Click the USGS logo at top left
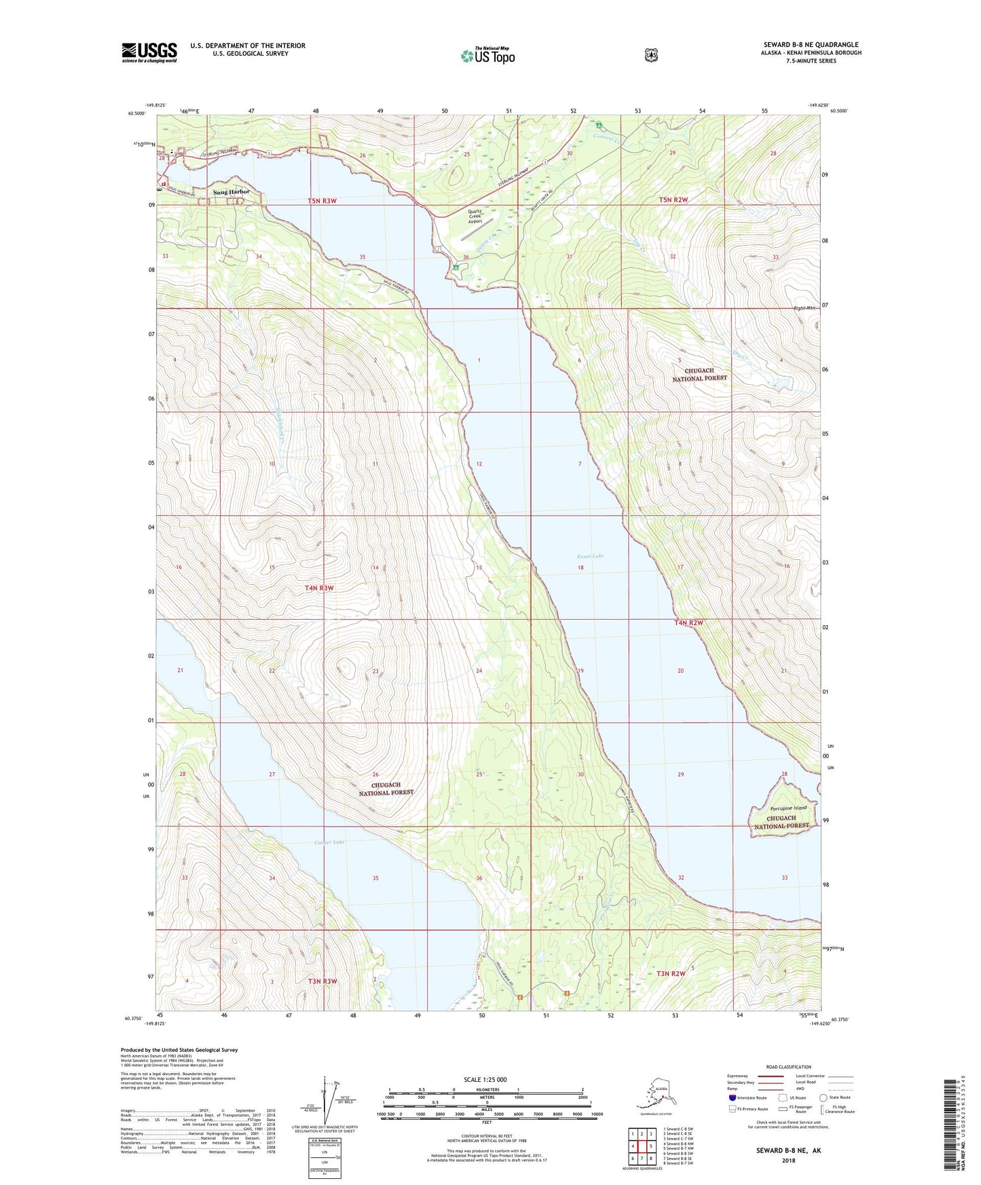coord(149,52)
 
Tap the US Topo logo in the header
coord(487,56)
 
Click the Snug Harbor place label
coord(232,192)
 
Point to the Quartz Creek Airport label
coord(475,216)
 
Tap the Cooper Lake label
coord(331,842)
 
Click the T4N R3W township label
coord(319,588)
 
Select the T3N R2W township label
coord(671,973)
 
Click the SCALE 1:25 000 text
coord(485,1080)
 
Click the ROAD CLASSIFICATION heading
coord(789,1067)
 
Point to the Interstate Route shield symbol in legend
coord(733,1097)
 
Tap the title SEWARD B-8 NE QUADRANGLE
coord(811,45)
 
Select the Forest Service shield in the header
coord(651,55)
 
